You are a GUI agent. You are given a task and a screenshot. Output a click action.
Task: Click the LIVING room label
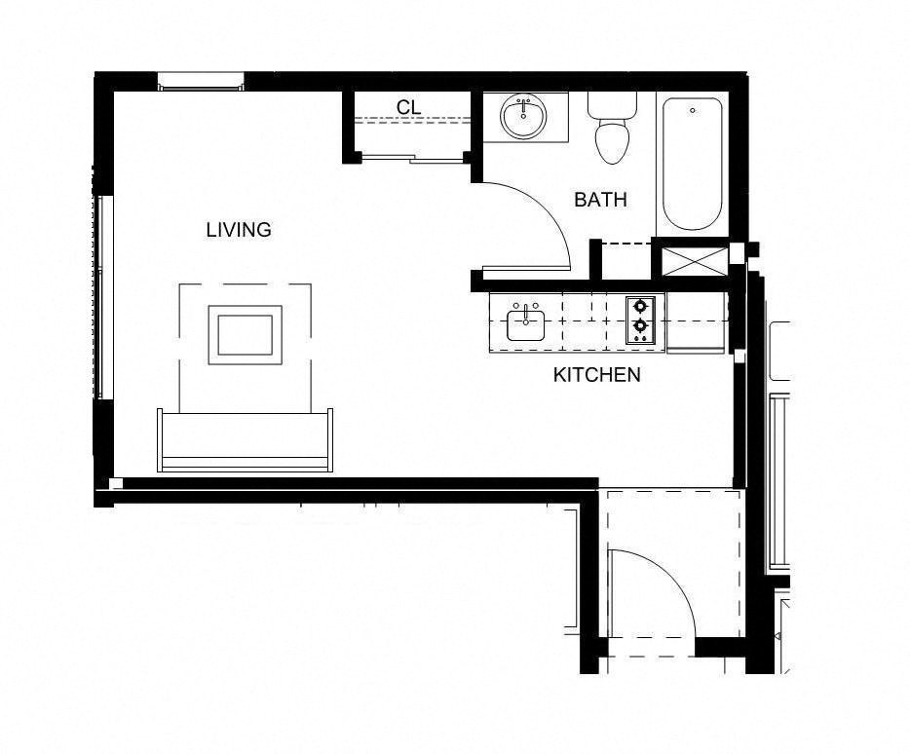pyautogui.click(x=239, y=231)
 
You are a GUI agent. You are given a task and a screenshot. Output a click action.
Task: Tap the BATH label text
pyautogui.click(x=600, y=200)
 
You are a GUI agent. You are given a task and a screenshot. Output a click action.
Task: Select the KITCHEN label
pyautogui.click(x=596, y=375)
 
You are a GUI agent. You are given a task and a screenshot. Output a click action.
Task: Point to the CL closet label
pyautogui.click(x=409, y=106)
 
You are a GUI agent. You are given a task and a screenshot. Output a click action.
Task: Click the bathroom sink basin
pyautogui.click(x=524, y=118)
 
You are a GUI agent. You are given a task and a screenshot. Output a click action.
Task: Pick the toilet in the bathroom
pyautogui.click(x=612, y=132)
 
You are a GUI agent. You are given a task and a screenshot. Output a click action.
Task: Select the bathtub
pyautogui.click(x=692, y=163)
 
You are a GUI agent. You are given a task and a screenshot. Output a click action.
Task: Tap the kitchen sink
pyautogui.click(x=526, y=322)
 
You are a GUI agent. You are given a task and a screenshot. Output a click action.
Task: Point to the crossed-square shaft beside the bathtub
pyautogui.click(x=694, y=260)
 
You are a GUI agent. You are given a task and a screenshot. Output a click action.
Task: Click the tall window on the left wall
pyautogui.click(x=103, y=296)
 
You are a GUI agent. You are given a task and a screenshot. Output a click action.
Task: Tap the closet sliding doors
pyautogui.click(x=409, y=158)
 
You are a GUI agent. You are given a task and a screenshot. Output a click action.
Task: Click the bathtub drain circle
pyautogui.click(x=692, y=111)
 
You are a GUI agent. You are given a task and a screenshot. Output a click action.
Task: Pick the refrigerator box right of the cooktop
pyautogui.click(x=696, y=321)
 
